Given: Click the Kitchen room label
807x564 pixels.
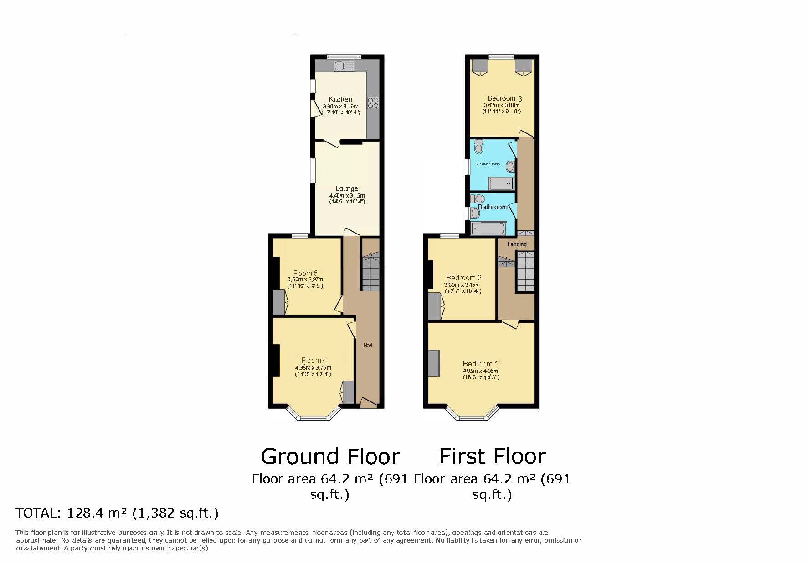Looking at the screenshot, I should [340, 99].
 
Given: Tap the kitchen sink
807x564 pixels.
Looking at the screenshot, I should [344, 66].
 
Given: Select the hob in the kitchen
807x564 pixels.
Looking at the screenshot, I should [373, 103].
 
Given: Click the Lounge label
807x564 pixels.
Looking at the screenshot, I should [347, 188].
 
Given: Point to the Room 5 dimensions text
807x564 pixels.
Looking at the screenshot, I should [305, 283].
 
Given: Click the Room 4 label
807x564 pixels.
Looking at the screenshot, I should [314, 360].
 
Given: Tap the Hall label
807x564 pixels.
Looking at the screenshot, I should [368, 346].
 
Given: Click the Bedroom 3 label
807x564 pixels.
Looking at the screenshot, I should [504, 98].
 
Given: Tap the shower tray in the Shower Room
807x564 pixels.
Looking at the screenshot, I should [501, 183].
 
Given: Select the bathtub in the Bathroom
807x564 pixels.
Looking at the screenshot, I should [488, 228].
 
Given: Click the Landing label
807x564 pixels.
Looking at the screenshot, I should [517, 244].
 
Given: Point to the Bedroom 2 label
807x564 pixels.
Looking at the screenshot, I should [463, 278].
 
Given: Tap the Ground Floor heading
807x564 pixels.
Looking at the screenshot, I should [330, 456].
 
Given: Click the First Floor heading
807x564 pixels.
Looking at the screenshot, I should [492, 456].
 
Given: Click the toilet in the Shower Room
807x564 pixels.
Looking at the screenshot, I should [478, 147].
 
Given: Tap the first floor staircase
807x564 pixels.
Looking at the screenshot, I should [525, 271].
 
